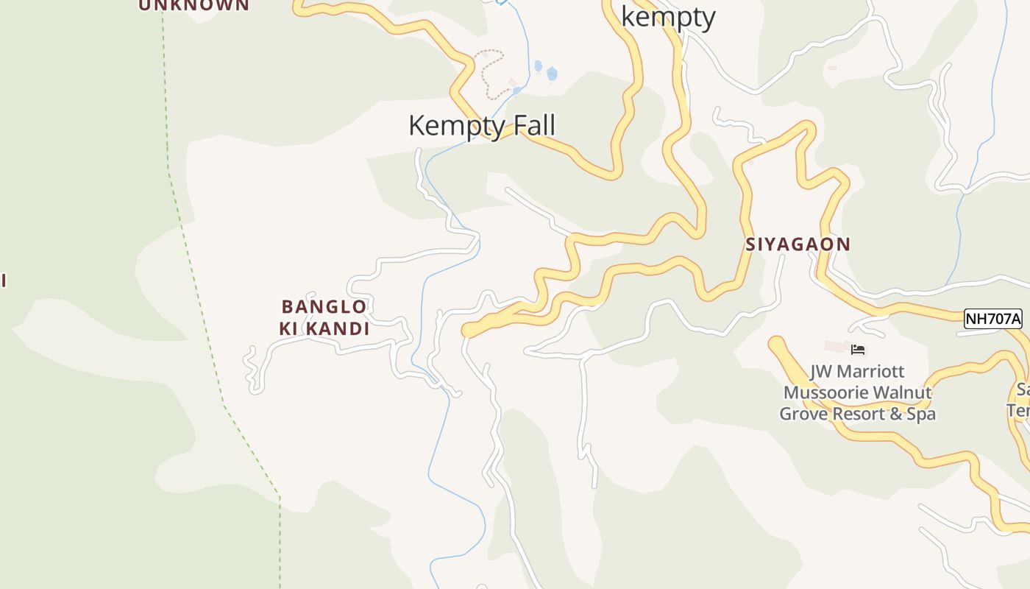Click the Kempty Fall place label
481,126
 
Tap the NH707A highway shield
993,319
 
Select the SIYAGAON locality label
798,244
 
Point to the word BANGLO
324,306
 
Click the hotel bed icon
857,350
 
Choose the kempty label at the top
668,16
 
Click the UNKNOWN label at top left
194,5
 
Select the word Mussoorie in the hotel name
823,393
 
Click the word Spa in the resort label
922,414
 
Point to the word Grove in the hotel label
804,414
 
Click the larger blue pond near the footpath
552,74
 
